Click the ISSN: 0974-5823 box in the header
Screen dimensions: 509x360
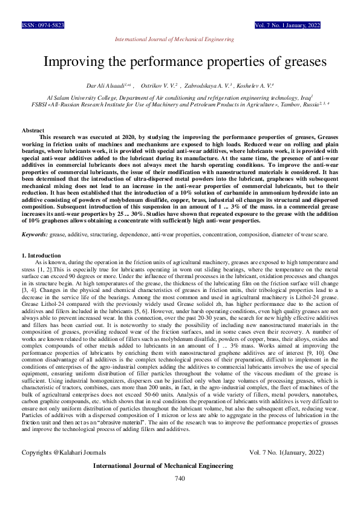coord(43,26)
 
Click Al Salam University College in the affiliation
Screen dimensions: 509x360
coord(74,96)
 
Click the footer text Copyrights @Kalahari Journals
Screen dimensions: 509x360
coord(64,452)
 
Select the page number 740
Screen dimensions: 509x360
coord(179,478)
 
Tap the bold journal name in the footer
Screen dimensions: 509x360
coord(163,466)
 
